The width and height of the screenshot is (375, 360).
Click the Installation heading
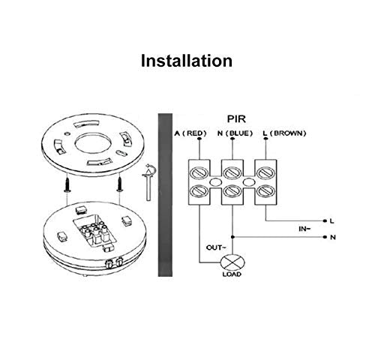tap(187, 60)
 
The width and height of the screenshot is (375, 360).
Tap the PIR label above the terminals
tap(244, 118)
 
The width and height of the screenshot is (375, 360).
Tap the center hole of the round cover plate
tap(94, 139)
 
